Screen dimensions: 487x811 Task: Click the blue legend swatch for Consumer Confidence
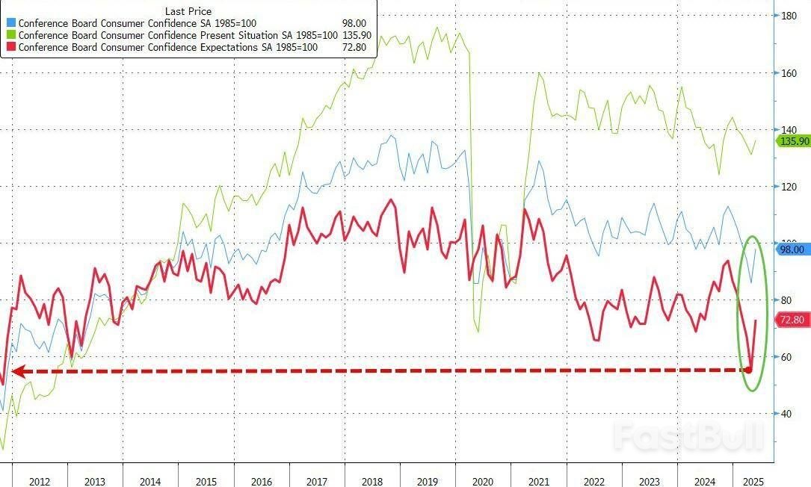click(x=12, y=23)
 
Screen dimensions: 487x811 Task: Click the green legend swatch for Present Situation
click(x=12, y=35)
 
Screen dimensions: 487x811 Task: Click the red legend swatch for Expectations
click(x=12, y=47)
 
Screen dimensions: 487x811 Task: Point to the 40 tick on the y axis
click(x=786, y=414)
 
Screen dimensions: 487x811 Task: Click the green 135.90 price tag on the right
click(x=794, y=141)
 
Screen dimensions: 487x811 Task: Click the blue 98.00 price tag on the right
click(x=792, y=249)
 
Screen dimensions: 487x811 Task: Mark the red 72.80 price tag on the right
click(x=792, y=320)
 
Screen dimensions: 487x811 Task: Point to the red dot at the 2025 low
click(x=749, y=369)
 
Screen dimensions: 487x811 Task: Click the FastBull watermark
click(x=688, y=435)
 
